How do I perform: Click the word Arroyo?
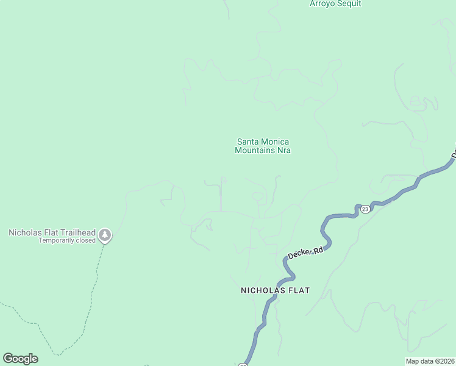pyautogui.click(x=322, y=4)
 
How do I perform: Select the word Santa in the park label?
pyautogui.click(x=248, y=142)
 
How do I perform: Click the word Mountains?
pyautogui.click(x=255, y=150)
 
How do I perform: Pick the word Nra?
pyautogui.click(x=283, y=150)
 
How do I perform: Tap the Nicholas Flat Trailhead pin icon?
pyautogui.click(x=105, y=235)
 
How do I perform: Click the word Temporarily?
pyautogui.click(x=56, y=240)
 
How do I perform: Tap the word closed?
pyautogui.click(x=85, y=240)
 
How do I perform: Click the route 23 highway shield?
pyautogui.click(x=365, y=209)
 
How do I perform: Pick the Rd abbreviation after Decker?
pyautogui.click(x=317, y=249)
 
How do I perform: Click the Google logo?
pyautogui.click(x=20, y=359)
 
